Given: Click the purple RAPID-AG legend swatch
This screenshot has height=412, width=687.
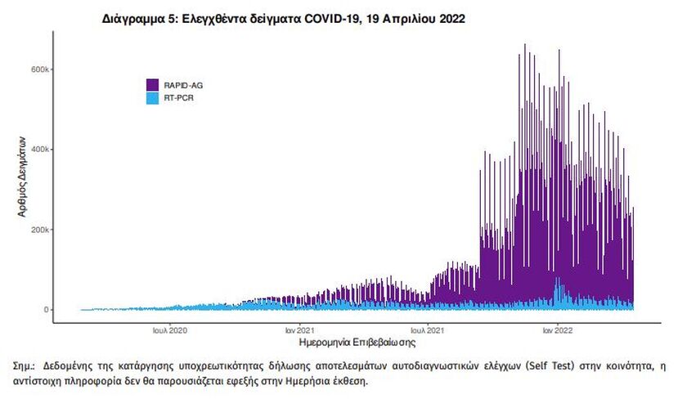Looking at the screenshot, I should point(152,84).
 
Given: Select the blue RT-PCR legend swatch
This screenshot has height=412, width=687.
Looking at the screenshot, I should point(152,97).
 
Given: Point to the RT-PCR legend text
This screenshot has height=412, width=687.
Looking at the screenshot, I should point(177,97).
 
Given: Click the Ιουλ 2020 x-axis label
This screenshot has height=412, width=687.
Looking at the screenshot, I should point(170,331).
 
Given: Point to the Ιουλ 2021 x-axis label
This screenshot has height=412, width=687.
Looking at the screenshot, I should point(427,331).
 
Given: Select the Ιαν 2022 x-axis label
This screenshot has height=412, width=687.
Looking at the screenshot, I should point(558,331).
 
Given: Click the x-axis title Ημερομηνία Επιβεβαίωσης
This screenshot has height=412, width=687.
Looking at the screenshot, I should point(352,343).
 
